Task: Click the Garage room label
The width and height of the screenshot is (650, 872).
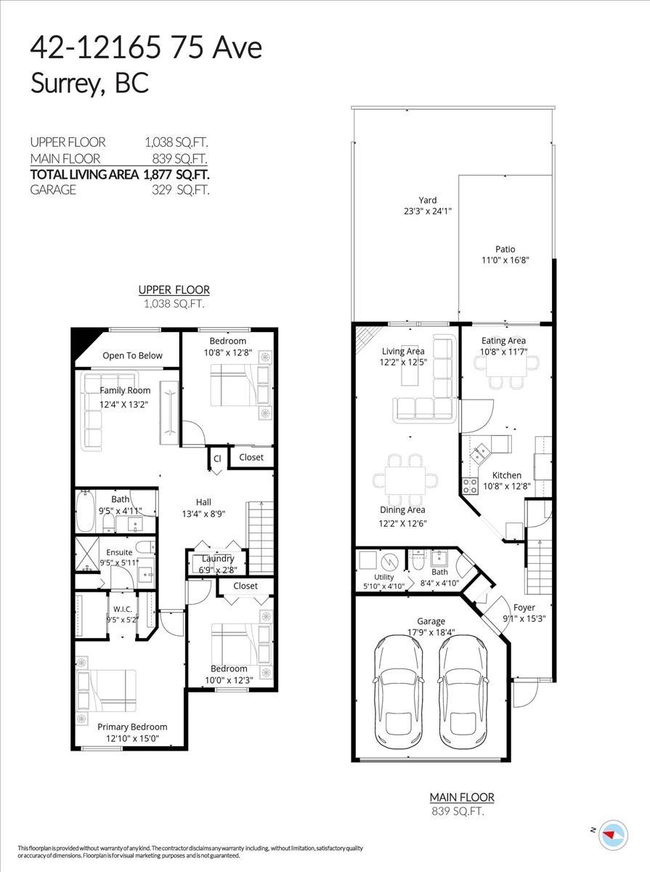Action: click(x=431, y=621)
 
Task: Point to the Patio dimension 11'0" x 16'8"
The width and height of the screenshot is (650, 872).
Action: click(x=505, y=260)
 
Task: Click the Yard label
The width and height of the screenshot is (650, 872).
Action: click(x=427, y=201)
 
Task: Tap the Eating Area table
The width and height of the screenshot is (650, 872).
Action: click(x=506, y=366)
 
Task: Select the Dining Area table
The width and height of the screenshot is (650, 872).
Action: click(x=405, y=480)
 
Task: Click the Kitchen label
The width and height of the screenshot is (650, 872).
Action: click(x=507, y=475)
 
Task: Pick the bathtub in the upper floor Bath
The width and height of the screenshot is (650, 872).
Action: click(x=86, y=512)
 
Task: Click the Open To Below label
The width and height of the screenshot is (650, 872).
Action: click(x=133, y=355)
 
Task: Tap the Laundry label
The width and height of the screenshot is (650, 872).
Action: click(x=218, y=559)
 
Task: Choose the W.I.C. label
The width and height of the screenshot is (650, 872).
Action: click(x=122, y=609)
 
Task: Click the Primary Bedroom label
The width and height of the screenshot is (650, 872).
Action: click(x=132, y=727)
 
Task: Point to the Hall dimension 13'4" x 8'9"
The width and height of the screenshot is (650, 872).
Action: click(x=203, y=514)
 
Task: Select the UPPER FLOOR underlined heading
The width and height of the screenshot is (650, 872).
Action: click(x=174, y=290)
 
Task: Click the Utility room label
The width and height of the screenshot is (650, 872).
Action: click(x=383, y=577)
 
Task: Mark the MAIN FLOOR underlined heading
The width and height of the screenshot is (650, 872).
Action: click(x=462, y=797)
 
